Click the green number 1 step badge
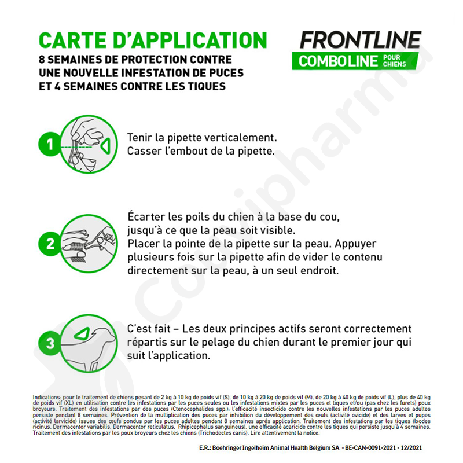point(50,144)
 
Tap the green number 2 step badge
point(50,244)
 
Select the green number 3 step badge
point(50,343)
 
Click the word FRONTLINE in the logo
point(361,39)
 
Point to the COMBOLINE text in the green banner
point(338,61)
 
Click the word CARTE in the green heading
point(75,40)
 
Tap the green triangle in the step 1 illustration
point(105,146)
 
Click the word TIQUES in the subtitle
point(207,86)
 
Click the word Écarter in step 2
point(146,216)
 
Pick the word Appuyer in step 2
point(355,244)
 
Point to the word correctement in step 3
point(378,329)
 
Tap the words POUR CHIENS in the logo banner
point(395,61)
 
